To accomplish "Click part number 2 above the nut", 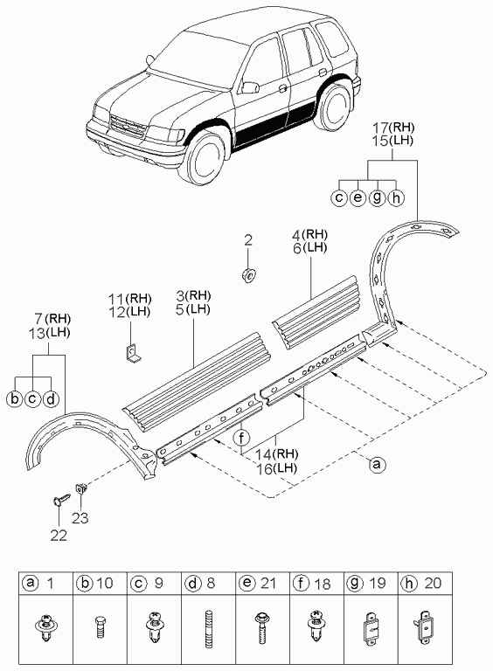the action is pyautogui.click(x=248, y=240).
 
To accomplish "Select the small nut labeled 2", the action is pyautogui.click(x=248, y=273).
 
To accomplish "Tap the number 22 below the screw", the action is pyautogui.click(x=59, y=535).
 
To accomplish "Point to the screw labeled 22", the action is pyautogui.click(x=61, y=499).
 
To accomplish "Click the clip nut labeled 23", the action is pyautogui.click(x=81, y=488).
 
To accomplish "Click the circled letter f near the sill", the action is pyautogui.click(x=241, y=438).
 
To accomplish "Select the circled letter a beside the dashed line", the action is pyautogui.click(x=376, y=465).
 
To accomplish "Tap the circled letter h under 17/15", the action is pyautogui.click(x=395, y=198).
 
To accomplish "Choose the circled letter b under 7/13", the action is pyautogui.click(x=14, y=398).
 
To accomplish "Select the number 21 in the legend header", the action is pyautogui.click(x=268, y=584).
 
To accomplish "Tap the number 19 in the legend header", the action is pyautogui.click(x=377, y=584).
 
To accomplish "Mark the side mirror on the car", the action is pyautogui.click(x=249, y=87).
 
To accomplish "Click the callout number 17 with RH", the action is pyautogui.click(x=380, y=128).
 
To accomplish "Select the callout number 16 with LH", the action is pyautogui.click(x=267, y=468).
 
